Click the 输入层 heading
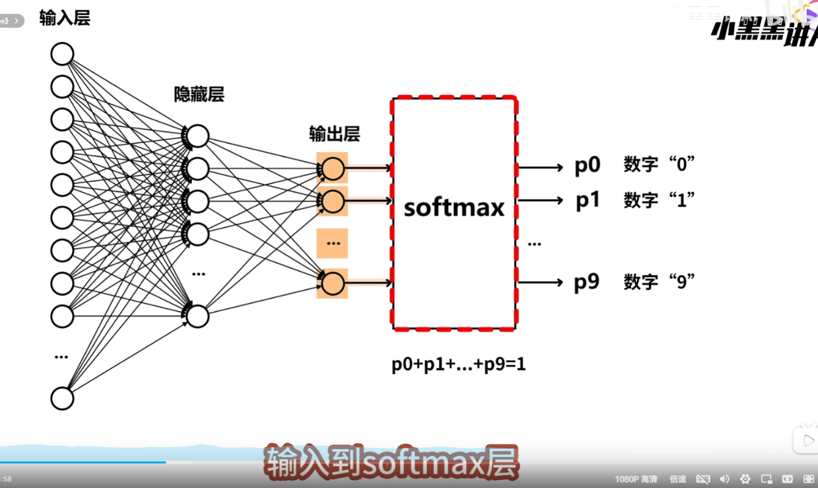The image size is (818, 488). (x=65, y=18)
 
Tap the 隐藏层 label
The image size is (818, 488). (x=199, y=94)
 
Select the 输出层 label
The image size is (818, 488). (x=334, y=134)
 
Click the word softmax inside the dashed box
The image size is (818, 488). (x=454, y=207)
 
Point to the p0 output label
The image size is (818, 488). (x=587, y=165)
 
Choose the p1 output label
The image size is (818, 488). (x=587, y=200)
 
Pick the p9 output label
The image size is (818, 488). (x=587, y=282)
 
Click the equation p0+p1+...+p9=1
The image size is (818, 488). (x=459, y=364)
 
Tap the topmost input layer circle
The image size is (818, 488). (x=62, y=54)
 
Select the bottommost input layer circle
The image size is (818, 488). (x=62, y=398)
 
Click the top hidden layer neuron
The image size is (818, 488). (x=198, y=136)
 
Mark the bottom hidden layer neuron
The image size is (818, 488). (x=198, y=316)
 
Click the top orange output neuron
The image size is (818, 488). (x=333, y=169)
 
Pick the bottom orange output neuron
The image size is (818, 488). (x=333, y=283)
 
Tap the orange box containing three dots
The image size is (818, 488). (x=332, y=243)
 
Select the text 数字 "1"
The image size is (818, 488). (x=659, y=200)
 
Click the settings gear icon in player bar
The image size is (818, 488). (x=745, y=479)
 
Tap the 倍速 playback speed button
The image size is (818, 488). (x=678, y=479)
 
